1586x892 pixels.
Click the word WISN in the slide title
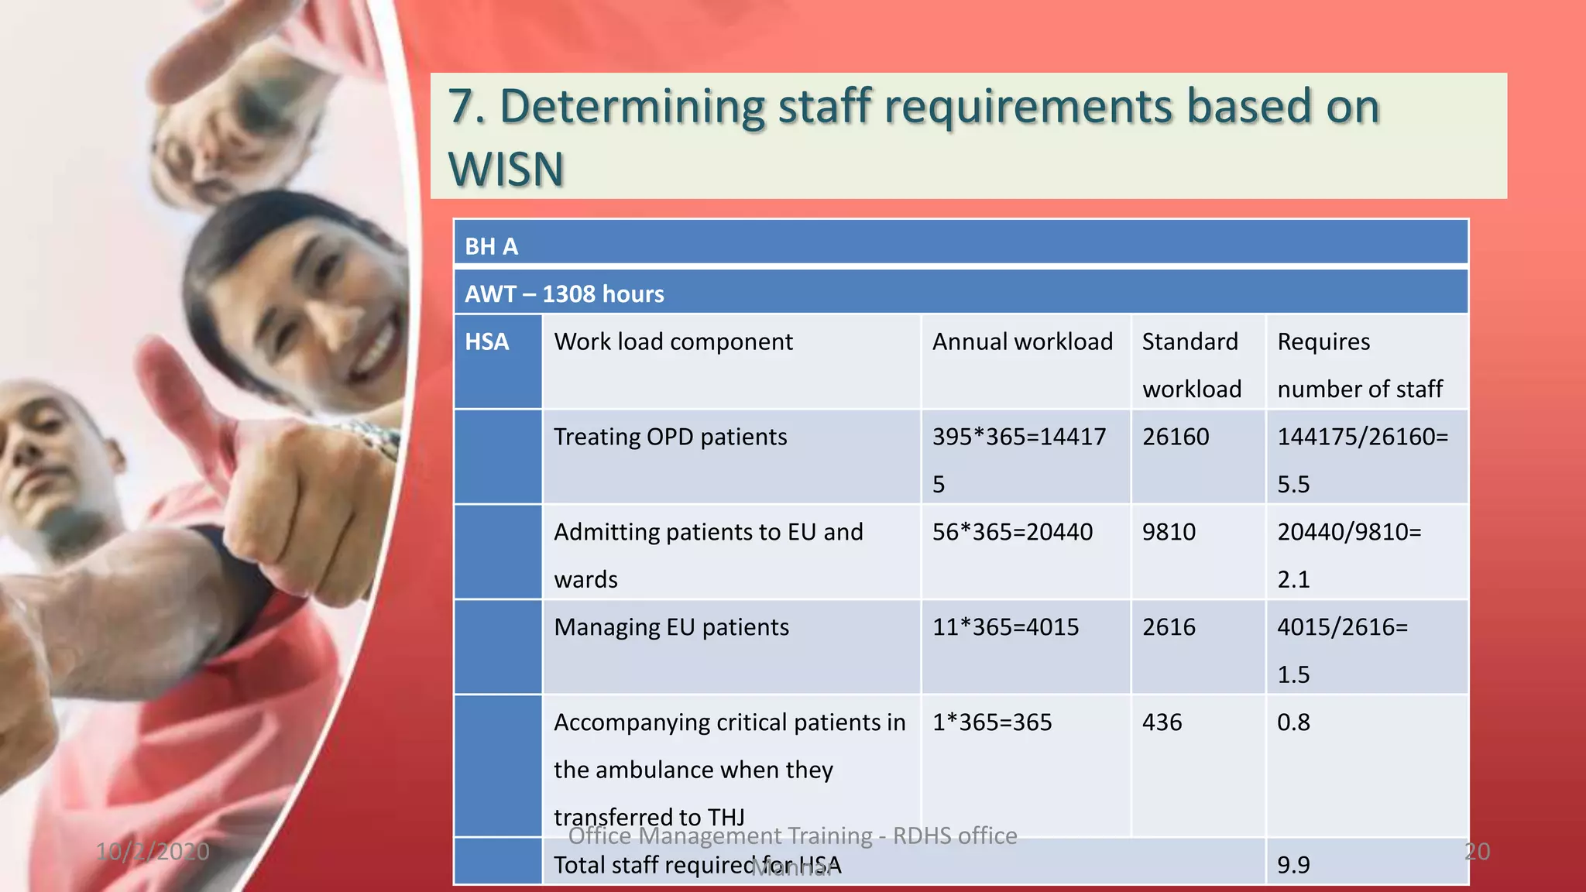(x=506, y=169)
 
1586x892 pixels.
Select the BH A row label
(x=491, y=246)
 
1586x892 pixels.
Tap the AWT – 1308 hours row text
(x=564, y=294)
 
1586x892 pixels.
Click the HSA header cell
(x=487, y=341)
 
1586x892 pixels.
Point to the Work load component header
(x=673, y=341)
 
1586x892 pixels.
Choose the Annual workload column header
(x=1022, y=341)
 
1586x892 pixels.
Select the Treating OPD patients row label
(x=670, y=437)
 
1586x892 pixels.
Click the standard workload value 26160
(x=1175, y=437)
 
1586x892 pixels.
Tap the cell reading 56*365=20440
(x=1012, y=532)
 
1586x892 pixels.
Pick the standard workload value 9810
(x=1169, y=532)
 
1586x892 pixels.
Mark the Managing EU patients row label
(x=671, y=627)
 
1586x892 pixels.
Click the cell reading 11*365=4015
(x=1005, y=627)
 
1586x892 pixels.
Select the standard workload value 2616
(x=1169, y=627)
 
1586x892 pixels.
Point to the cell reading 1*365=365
(x=992, y=722)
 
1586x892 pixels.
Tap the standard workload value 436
(x=1162, y=722)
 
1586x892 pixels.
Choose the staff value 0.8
(x=1293, y=722)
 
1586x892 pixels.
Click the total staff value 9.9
(x=1293, y=865)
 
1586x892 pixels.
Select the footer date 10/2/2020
(x=153, y=852)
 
